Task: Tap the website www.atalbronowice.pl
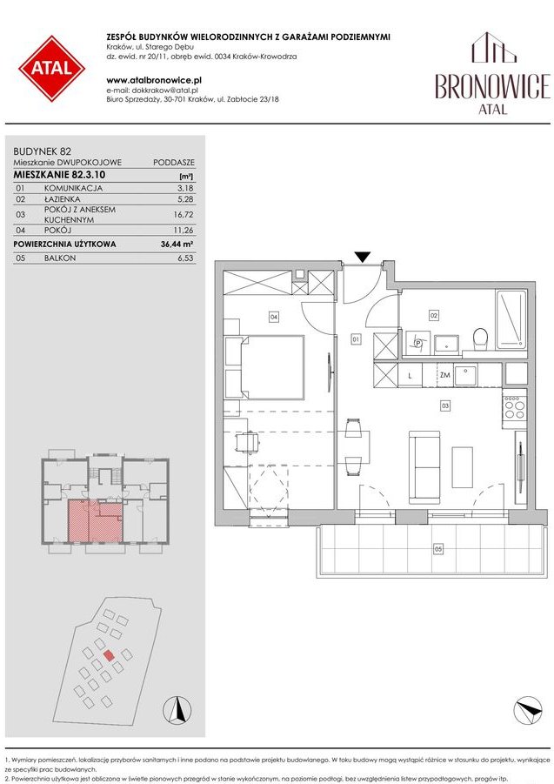click(x=143, y=79)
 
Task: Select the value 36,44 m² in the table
click(x=178, y=245)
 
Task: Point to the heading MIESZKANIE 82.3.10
click(x=60, y=175)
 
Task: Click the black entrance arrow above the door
click(x=364, y=257)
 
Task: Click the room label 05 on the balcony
click(x=437, y=548)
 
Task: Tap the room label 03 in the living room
click(x=444, y=405)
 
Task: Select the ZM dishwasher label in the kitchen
click(x=444, y=375)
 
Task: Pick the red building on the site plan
click(x=108, y=657)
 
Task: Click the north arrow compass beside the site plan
click(x=178, y=709)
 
